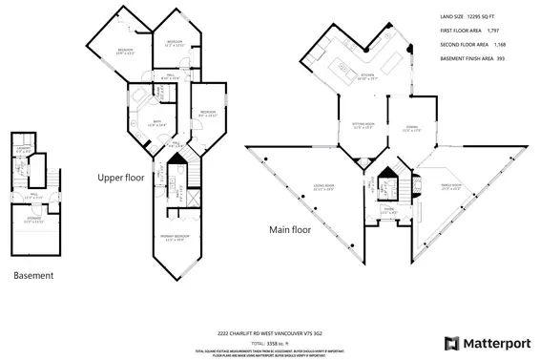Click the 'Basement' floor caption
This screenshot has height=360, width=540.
tap(34, 275)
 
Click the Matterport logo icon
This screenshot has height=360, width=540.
tap(450, 343)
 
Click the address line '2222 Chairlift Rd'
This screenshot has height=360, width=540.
tap(270, 332)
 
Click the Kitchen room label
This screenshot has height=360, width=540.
tap(365, 78)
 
